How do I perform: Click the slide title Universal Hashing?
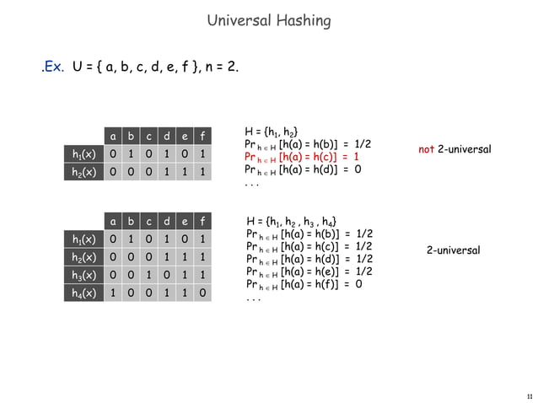[268, 20]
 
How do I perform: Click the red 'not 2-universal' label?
[455, 149]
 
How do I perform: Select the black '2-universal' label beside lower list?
[453, 250]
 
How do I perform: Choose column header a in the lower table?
[110, 222]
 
